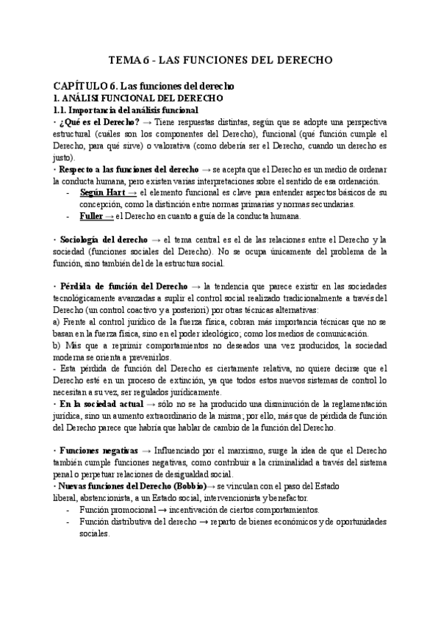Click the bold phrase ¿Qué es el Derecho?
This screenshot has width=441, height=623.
tap(99, 121)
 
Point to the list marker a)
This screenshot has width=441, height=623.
tap(57, 322)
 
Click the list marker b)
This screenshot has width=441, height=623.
tap(57, 345)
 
